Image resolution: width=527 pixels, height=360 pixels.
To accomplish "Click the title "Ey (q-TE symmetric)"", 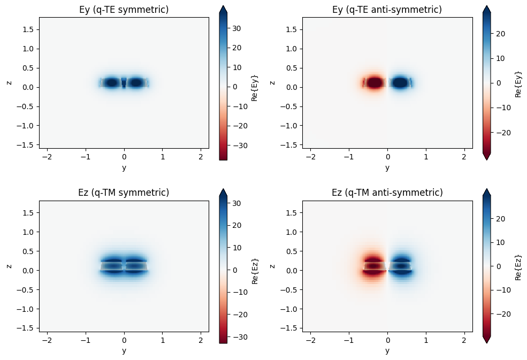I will (x=124, y=9).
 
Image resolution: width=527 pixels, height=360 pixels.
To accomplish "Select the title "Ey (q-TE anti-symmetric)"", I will (x=387, y=9).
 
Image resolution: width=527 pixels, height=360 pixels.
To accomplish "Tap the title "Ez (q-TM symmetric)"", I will (x=124, y=193).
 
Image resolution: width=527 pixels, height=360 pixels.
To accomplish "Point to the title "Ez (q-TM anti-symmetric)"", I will (x=387, y=193).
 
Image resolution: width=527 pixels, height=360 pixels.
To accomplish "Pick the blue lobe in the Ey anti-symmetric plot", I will (x=400, y=83).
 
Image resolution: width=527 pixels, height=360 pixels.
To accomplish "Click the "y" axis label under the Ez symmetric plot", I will (x=124, y=350).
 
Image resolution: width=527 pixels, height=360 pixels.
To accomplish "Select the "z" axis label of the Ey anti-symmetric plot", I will (x=273, y=83).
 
